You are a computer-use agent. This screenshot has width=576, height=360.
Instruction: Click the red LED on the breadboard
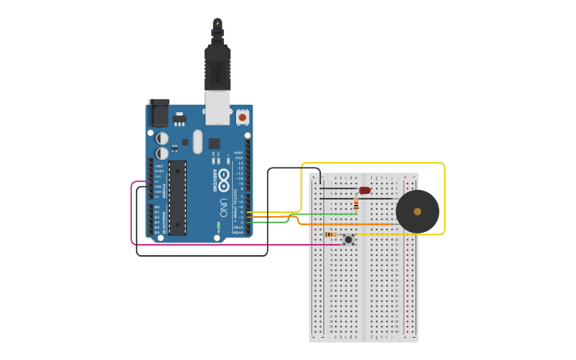pos(365,190)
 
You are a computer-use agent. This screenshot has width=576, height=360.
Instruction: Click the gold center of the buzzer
pos(417,211)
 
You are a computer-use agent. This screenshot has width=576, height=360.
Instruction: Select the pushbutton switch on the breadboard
pos(348,238)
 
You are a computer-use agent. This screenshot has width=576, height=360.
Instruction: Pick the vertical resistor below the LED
pos(356,204)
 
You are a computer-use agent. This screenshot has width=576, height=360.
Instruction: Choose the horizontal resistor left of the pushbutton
pos(330,234)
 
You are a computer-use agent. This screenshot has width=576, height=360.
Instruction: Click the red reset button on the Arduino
pos(242,117)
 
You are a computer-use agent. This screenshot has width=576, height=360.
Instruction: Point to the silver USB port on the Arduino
pos(217,107)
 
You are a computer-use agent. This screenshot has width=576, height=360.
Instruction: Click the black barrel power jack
pos(160,113)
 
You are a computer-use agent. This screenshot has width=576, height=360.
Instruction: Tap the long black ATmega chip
pos(177,197)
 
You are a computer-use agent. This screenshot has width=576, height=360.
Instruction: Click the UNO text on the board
pos(222,207)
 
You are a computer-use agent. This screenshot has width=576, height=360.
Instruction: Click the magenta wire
pos(132,215)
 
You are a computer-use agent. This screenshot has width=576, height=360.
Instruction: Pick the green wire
pos(318,214)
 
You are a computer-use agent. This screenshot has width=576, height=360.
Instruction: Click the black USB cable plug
pos(217,68)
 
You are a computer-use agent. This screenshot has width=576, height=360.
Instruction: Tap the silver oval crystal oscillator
pos(197,141)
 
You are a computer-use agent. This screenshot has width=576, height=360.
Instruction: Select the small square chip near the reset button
pos(214,144)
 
